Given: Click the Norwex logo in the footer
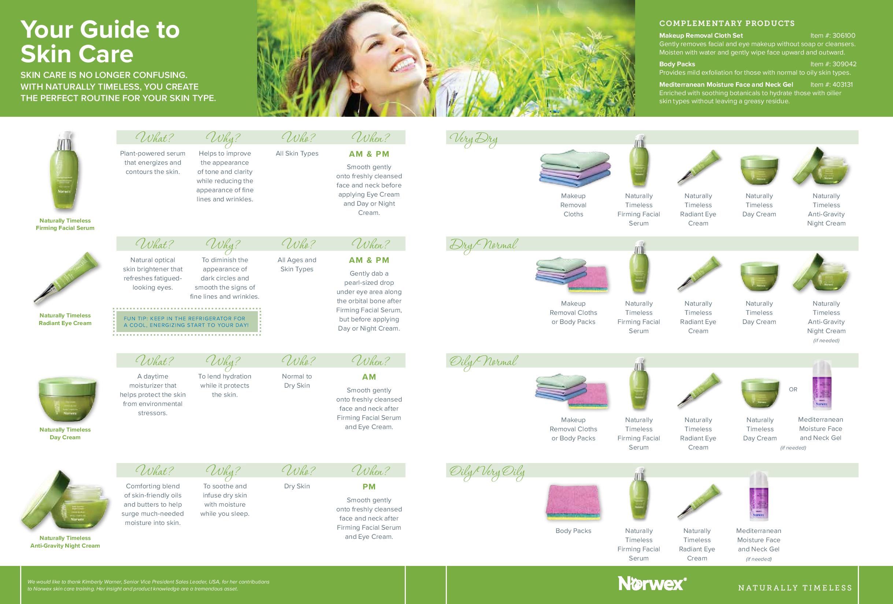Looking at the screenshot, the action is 652,584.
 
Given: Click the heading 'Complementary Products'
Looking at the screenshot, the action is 727,23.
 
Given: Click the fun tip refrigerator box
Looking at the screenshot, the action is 187,322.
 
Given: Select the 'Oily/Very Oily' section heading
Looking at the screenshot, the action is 487,472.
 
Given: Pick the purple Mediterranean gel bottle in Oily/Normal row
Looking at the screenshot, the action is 822,385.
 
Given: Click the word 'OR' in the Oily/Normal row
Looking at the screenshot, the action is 793,389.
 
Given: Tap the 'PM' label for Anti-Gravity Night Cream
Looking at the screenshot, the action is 369,487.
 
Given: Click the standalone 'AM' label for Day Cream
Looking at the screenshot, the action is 369,377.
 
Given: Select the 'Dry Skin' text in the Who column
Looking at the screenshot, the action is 297,486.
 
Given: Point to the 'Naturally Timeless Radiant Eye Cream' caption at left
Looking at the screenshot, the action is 65,319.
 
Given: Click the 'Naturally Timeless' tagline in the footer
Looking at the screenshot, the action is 795,588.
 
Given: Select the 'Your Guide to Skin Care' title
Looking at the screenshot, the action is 100,41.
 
